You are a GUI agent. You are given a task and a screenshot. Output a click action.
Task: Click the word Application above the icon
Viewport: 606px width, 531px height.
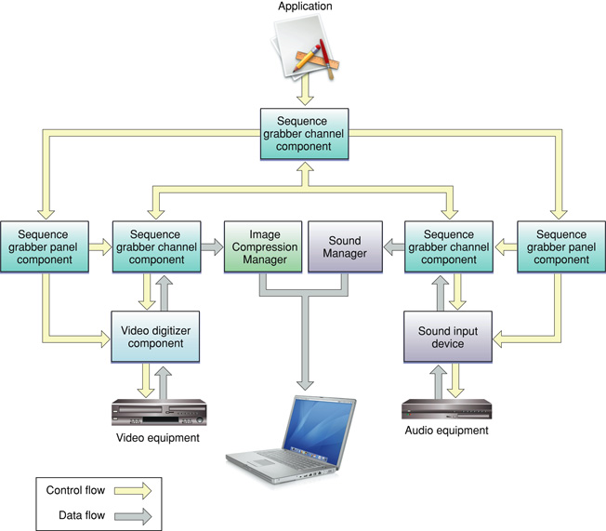click(304, 7)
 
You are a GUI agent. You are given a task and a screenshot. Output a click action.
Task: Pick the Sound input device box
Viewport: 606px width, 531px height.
click(445, 336)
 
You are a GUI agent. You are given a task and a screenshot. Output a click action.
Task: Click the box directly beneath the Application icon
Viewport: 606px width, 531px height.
click(303, 133)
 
